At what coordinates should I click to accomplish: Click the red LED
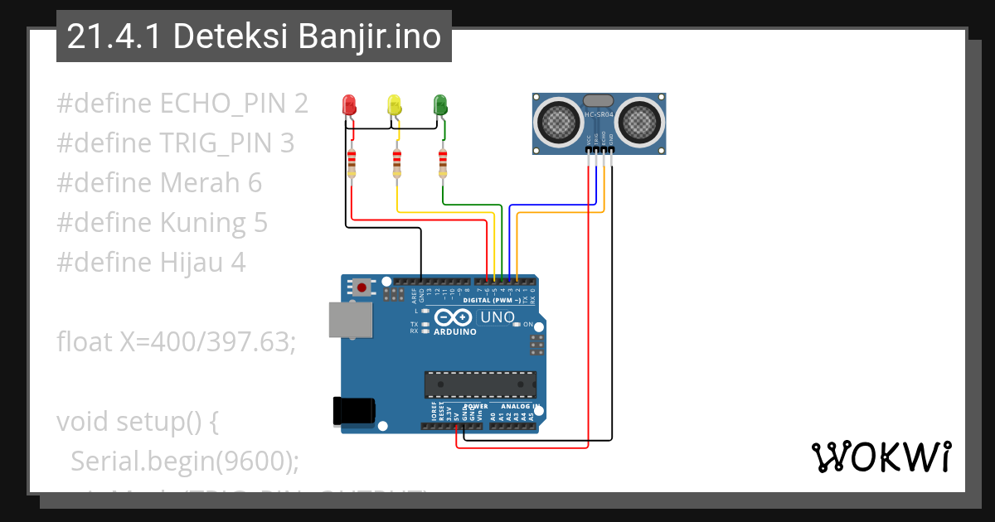[x=349, y=105]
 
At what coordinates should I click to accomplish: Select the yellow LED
[x=395, y=105]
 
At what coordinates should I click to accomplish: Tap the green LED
[x=440, y=105]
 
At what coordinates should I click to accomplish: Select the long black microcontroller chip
[x=480, y=384]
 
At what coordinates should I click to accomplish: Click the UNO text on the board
[x=498, y=317]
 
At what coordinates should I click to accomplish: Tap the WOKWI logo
[x=881, y=457]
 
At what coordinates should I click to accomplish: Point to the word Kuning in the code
[x=202, y=223]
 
